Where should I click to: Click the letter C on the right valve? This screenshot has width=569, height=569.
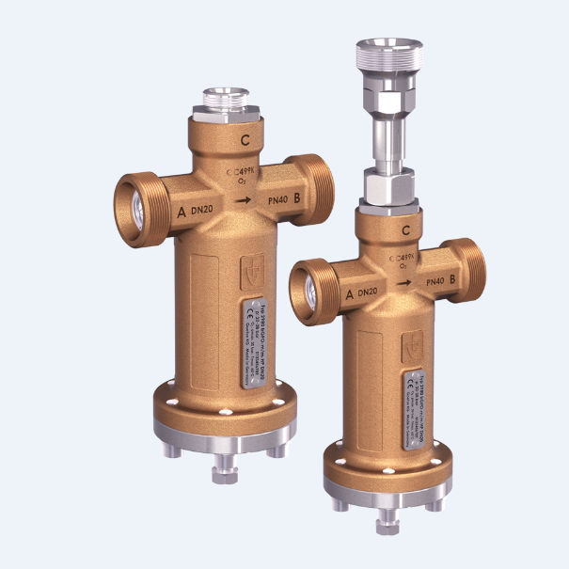tap(405, 229)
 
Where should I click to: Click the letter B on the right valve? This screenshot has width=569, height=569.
tap(453, 279)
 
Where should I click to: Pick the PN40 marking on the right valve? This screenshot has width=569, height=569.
tap(434, 281)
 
